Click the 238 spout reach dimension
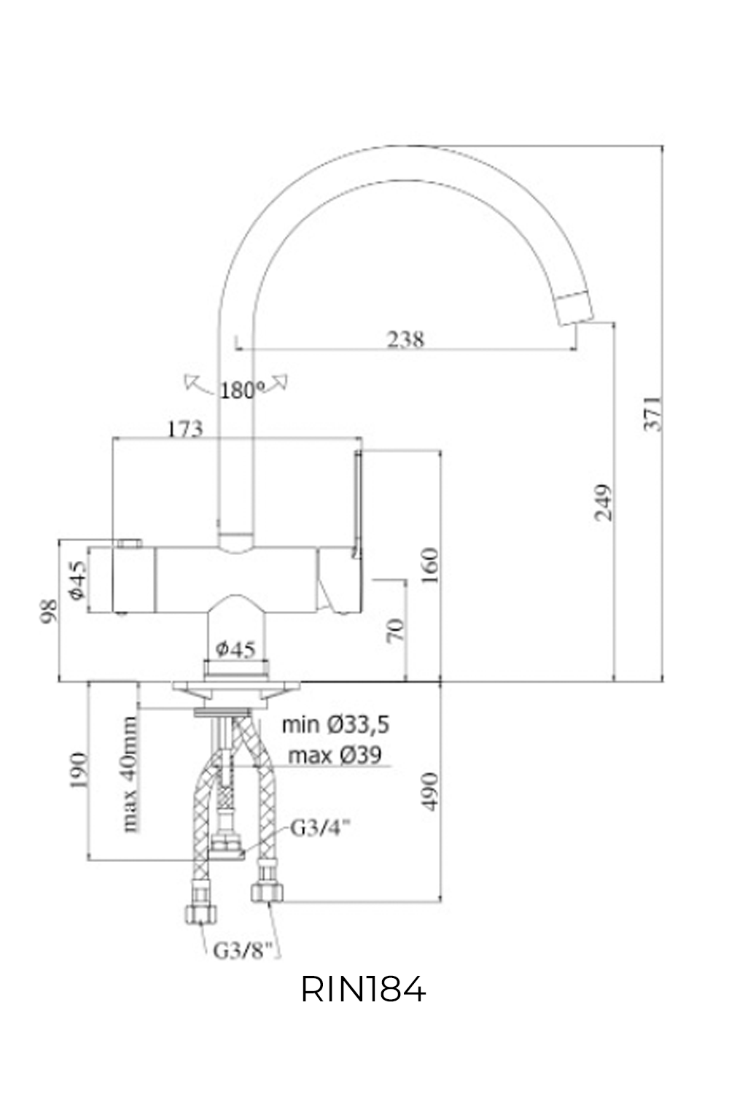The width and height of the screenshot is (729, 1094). tap(406, 339)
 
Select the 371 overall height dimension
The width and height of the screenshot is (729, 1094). tap(654, 414)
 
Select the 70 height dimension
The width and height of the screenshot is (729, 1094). tap(394, 629)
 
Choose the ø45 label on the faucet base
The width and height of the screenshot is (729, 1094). tap(235, 648)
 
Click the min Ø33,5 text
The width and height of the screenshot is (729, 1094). tap(336, 724)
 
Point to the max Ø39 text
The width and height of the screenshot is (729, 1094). tap(335, 755)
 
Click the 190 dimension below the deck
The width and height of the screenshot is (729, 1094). tap(79, 771)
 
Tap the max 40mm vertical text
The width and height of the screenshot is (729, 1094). tap(130, 774)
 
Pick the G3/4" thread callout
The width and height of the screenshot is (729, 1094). tap(321, 828)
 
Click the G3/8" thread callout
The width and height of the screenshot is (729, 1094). tap(243, 950)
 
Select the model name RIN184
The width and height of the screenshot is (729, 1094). tap(363, 990)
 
